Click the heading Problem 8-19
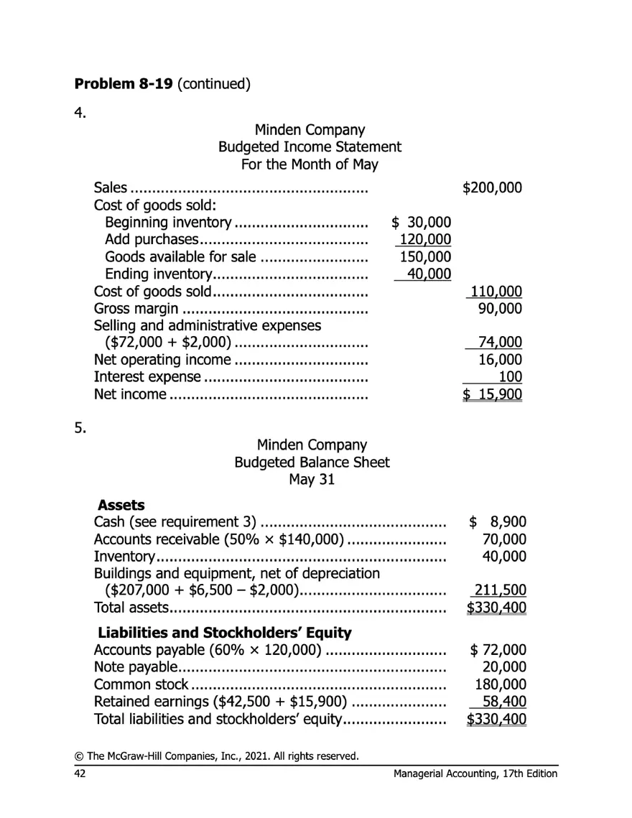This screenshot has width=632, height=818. click(x=123, y=83)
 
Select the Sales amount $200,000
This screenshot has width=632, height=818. click(x=492, y=189)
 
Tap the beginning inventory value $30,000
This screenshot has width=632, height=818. click(x=421, y=223)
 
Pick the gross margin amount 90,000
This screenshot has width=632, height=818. click(x=500, y=308)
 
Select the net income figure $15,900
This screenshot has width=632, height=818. click(x=492, y=394)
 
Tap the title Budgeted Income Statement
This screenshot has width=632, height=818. click(x=310, y=147)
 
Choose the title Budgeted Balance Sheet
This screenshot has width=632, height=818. click(x=312, y=462)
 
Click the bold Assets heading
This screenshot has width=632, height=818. click(x=121, y=505)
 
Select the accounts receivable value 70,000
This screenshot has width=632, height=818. click(x=504, y=539)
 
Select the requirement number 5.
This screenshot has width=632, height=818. click(x=80, y=429)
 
